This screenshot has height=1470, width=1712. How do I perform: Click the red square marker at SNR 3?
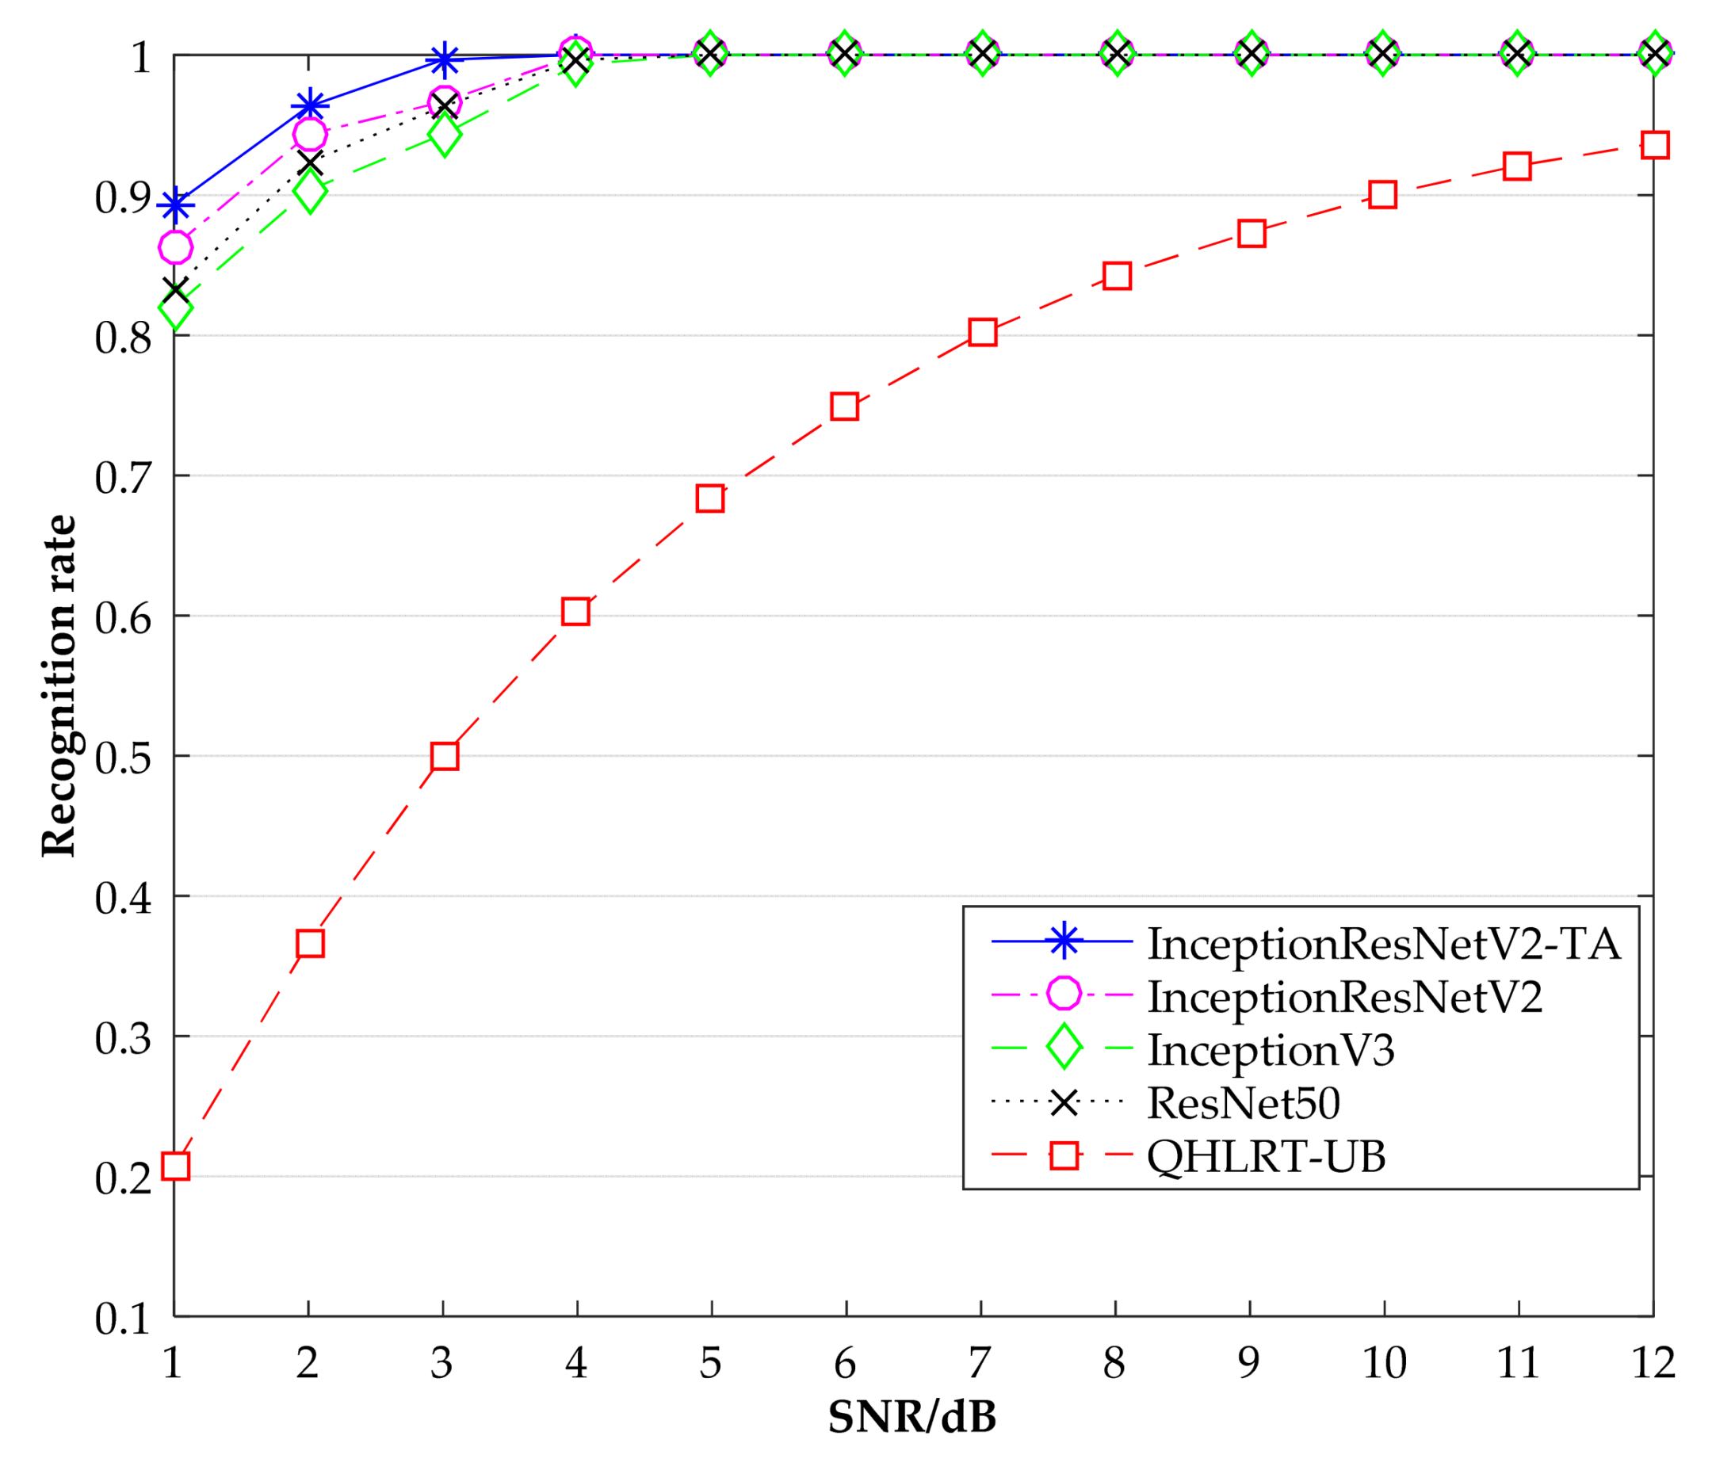pos(445,756)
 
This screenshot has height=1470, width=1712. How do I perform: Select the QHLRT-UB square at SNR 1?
pos(175,1166)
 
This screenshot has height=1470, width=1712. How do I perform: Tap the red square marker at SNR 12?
pos(1655,144)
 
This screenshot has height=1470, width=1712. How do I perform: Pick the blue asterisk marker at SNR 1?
pos(175,205)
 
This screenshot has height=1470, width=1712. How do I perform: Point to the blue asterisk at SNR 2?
pos(310,105)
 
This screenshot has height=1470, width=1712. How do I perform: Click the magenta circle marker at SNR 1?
pos(175,247)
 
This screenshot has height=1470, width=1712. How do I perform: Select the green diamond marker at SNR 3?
pos(445,135)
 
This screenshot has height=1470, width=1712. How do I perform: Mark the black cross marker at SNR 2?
pos(310,162)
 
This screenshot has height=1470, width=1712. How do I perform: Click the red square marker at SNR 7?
pos(982,332)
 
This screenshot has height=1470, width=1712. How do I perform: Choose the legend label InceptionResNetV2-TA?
pos(1384,944)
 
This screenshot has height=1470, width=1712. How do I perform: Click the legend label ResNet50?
pos(1244,1103)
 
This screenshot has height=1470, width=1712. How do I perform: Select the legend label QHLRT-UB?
pos(1267,1156)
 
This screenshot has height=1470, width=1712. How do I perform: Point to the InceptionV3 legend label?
pos(1271,1050)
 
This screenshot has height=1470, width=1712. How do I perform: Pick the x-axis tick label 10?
pos(1384,1363)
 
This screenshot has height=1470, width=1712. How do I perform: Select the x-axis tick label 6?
pos(845,1363)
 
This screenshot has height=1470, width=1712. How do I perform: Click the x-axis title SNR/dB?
pos(912,1417)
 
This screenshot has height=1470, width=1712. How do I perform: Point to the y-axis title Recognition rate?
pos(59,685)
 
